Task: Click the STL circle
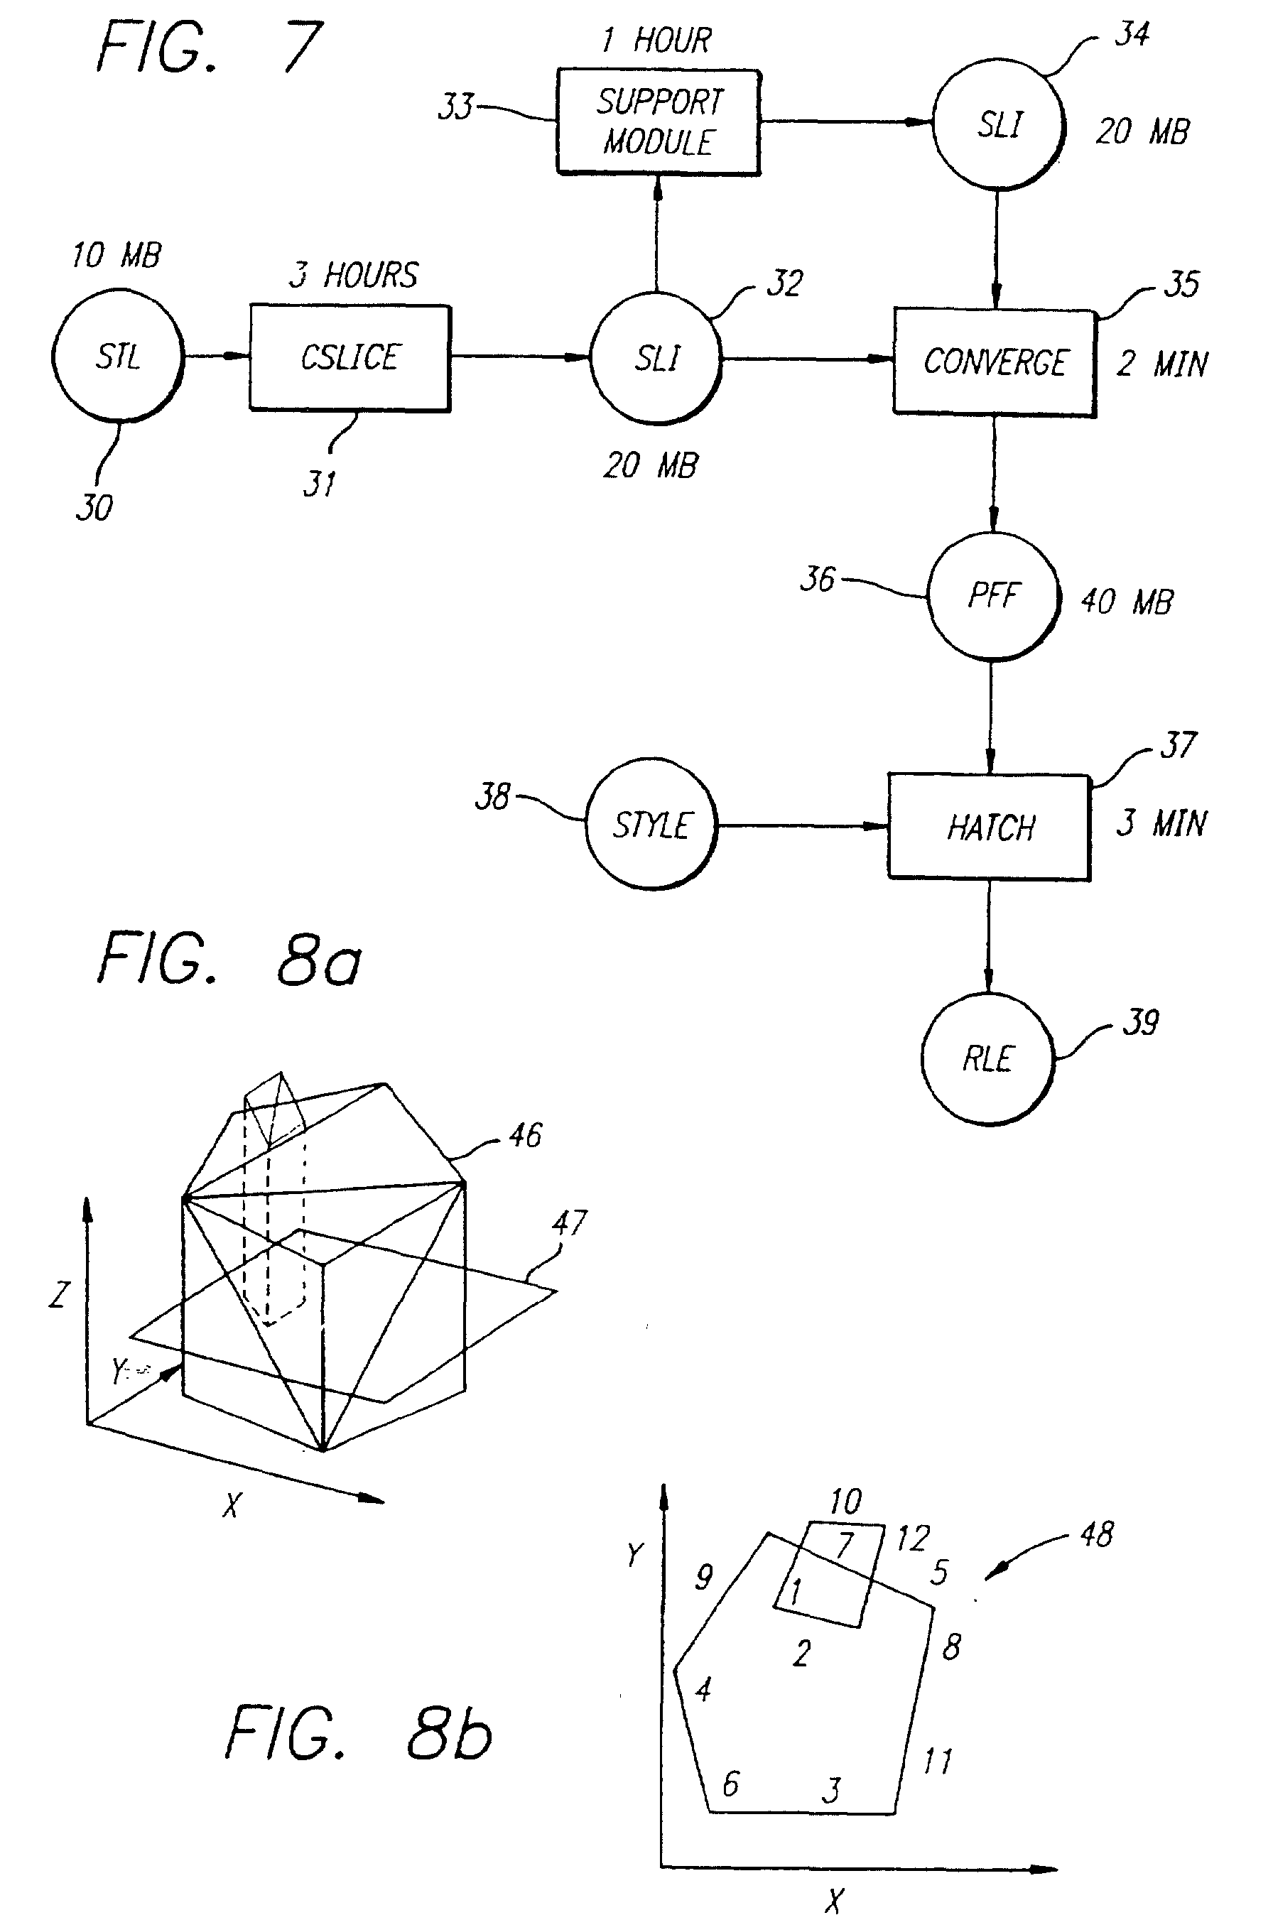click(x=118, y=357)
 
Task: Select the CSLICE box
click(x=350, y=358)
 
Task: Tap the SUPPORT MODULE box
click(x=659, y=121)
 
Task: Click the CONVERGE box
click(x=995, y=362)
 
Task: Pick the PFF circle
click(x=993, y=597)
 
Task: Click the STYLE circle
click(x=651, y=825)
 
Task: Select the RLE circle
click(x=987, y=1059)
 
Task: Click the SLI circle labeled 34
click(x=998, y=124)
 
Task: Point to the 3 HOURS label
click(x=354, y=275)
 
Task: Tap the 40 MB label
click(x=1127, y=602)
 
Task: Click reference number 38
click(x=492, y=796)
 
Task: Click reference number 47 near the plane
click(x=569, y=1222)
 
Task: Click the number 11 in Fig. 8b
click(x=938, y=1762)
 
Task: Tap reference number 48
click(x=1097, y=1534)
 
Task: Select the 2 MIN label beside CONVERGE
click(x=1161, y=364)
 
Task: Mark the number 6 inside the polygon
click(x=731, y=1784)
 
